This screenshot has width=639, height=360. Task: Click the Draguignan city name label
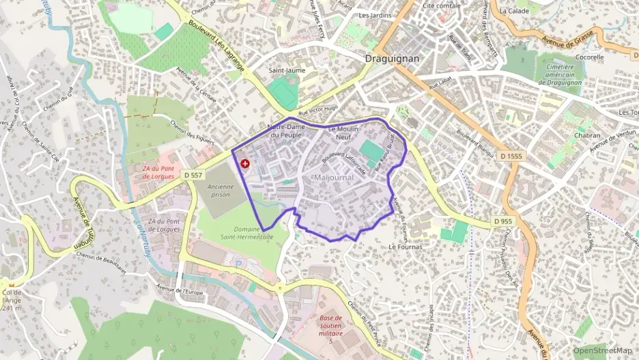(393, 59)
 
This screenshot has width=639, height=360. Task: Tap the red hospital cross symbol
(245, 164)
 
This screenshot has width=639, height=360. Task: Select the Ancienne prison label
(221, 190)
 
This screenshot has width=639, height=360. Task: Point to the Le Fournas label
(406, 246)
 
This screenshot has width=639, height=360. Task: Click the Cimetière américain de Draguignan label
(558, 75)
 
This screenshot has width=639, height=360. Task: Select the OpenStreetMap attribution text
(602, 351)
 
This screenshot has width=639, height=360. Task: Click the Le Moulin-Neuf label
(343, 133)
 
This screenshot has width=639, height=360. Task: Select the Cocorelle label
(589, 58)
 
